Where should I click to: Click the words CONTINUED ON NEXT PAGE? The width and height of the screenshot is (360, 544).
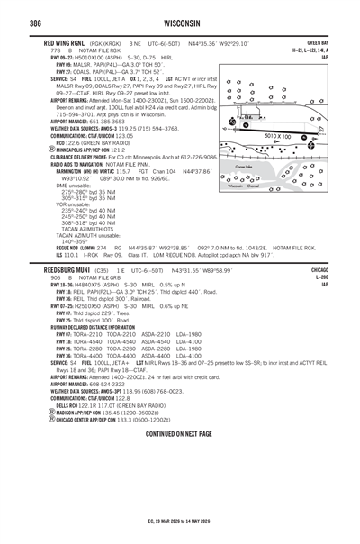click(x=179, y=432)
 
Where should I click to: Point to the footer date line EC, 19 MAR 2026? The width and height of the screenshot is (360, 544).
click(x=179, y=521)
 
